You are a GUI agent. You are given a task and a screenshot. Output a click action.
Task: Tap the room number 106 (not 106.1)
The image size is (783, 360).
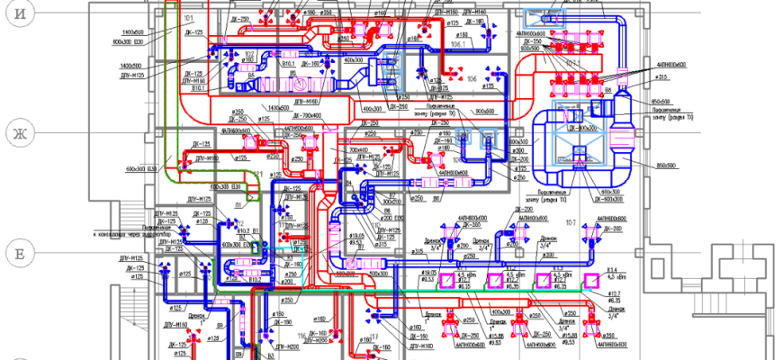tap(472, 79)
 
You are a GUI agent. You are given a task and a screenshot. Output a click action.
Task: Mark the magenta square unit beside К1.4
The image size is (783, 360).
tap(592, 280)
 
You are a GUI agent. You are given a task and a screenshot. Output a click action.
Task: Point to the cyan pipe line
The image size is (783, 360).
tap(297, 238)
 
